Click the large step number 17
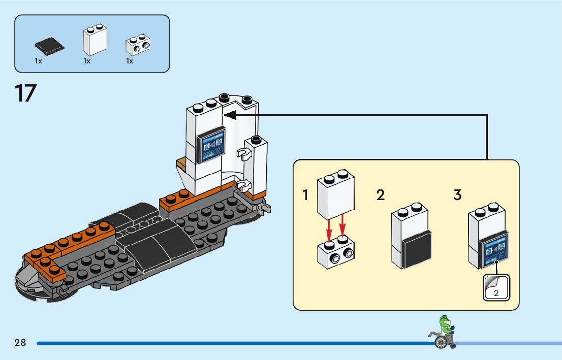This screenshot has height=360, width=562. pos(25,93)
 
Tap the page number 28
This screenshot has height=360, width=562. pos(20,343)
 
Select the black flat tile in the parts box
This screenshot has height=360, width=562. pos(49,47)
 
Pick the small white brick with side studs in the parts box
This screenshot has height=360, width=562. pos(138,46)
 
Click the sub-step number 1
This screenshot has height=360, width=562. pos(305,195)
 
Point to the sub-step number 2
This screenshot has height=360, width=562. pos(381,195)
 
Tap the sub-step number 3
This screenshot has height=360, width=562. pos(457,195)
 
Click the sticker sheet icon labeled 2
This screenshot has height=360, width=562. pos(495,287)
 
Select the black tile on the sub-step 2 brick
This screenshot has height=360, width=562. pos(417,248)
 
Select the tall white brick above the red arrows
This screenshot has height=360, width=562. pos(335,195)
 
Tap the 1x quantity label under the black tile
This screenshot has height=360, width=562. pos(38,61)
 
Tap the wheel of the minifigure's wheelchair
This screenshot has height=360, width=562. pos(441,343)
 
